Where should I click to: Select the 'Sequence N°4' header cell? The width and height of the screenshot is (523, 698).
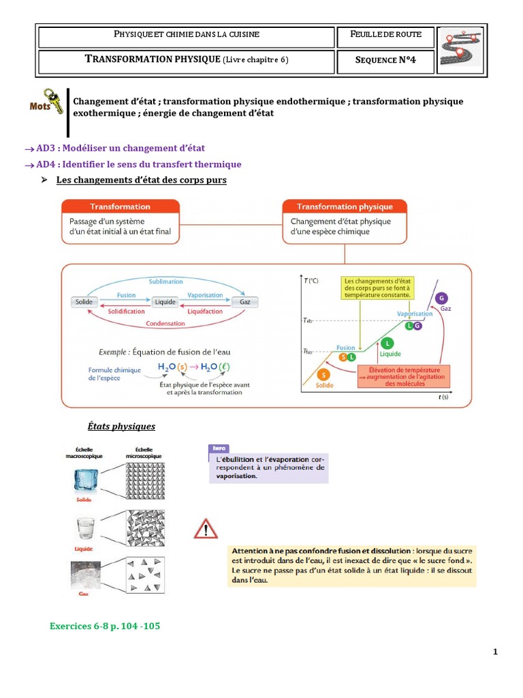[x=385, y=61]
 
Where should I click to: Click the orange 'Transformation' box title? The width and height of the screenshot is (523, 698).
[x=120, y=207]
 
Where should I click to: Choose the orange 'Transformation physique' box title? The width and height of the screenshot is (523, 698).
[x=345, y=207]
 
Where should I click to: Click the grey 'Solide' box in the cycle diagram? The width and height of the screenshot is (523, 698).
[x=85, y=302]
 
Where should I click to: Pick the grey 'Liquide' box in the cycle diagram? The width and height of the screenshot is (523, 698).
[x=165, y=302]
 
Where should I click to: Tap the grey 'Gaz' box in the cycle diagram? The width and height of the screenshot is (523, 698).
[x=243, y=302]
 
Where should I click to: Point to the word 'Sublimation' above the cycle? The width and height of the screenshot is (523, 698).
[x=165, y=281]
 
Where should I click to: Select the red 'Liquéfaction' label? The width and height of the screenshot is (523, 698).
[x=205, y=312]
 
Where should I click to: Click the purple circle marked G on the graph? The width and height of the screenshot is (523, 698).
[x=443, y=298]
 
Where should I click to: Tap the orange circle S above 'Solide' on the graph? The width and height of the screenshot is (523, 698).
[x=323, y=374]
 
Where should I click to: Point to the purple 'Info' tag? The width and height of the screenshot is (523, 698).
[x=219, y=448]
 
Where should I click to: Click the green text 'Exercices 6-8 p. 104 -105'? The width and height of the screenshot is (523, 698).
[x=105, y=626]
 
